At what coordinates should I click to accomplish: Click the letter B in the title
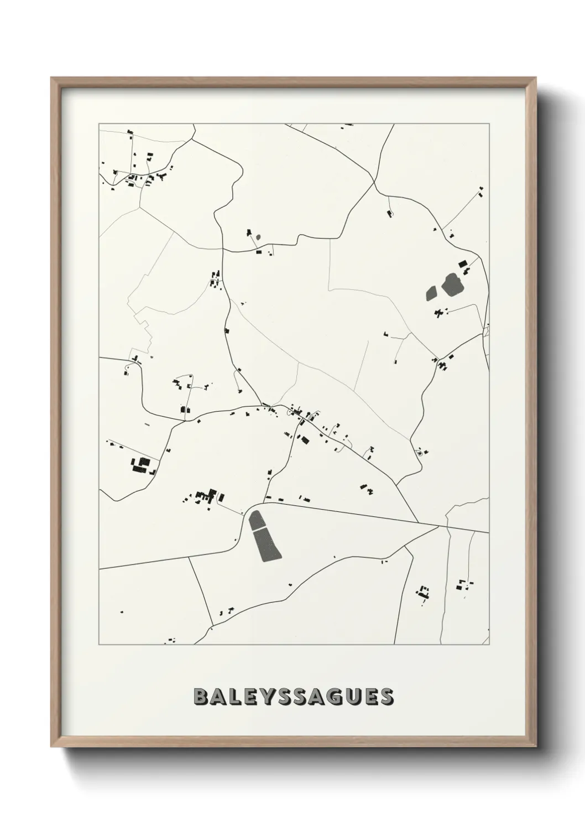201,697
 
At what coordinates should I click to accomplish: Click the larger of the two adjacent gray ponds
453,283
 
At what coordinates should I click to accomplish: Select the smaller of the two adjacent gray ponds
431,292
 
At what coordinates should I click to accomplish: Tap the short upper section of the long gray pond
256,520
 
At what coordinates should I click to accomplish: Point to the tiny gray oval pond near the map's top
258,237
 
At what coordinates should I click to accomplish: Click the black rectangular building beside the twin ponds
463,264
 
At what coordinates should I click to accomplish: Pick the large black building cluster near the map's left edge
141,465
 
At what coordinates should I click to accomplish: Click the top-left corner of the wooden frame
51,78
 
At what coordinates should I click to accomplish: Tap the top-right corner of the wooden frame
536,78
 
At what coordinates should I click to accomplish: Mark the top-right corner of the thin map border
489,124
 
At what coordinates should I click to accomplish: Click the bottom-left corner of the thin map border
99,645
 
